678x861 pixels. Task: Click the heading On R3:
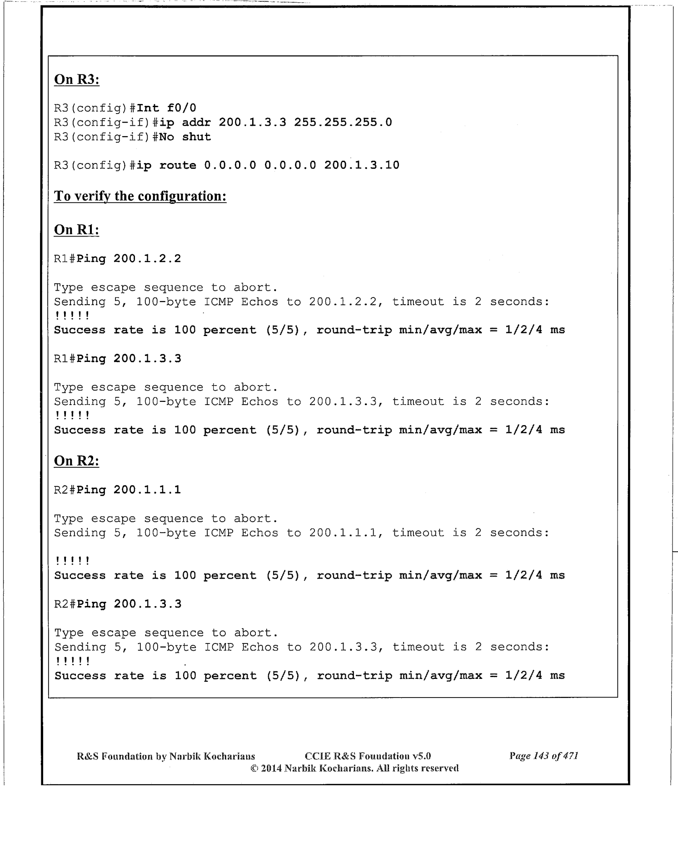click(x=77, y=79)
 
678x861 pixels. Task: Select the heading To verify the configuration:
click(x=140, y=196)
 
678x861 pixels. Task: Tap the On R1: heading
click(x=77, y=230)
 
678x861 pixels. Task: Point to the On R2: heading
click(x=77, y=461)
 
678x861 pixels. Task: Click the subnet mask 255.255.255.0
click(x=343, y=123)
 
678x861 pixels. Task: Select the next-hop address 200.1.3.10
click(x=362, y=165)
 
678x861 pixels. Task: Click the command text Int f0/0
click(x=166, y=108)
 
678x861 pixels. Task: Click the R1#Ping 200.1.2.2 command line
click(x=117, y=259)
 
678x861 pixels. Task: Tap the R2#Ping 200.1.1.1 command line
click(x=117, y=490)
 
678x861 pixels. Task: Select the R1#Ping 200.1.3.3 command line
click(x=117, y=359)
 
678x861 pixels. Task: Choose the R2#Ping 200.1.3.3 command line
click(x=118, y=604)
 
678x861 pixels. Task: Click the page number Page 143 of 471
click(x=543, y=756)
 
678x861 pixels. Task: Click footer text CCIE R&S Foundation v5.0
click(x=368, y=756)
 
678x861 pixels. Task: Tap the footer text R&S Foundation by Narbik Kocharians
click(x=166, y=756)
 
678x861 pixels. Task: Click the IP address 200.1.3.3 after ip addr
click(x=252, y=123)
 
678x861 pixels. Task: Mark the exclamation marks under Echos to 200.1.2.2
click(x=72, y=316)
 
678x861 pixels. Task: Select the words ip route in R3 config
click(x=166, y=165)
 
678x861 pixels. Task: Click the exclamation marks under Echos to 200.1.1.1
click(x=72, y=561)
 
